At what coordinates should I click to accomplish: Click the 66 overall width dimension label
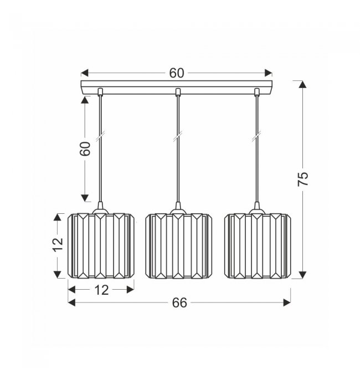pos(179,302)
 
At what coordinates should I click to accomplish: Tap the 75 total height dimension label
pos(303,179)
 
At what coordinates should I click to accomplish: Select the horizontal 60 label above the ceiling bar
pos(177,73)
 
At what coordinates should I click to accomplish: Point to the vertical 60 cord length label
pos(85,149)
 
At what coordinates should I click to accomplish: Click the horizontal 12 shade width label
pos(102,290)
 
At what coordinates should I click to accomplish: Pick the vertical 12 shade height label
pos(58,245)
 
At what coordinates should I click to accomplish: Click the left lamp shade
pos(101,246)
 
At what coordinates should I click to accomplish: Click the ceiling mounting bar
pos(177,88)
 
